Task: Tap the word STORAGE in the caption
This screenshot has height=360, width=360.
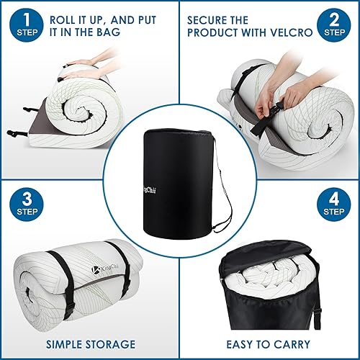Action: pos(109,344)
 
